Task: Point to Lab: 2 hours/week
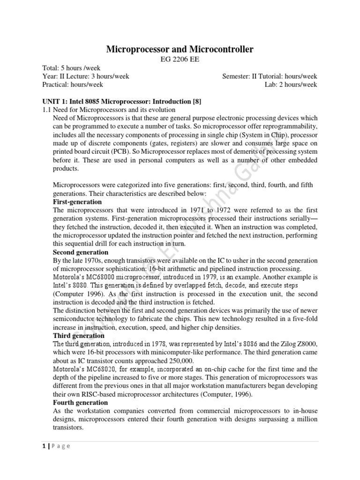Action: point(291,85)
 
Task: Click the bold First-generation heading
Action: point(77,202)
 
